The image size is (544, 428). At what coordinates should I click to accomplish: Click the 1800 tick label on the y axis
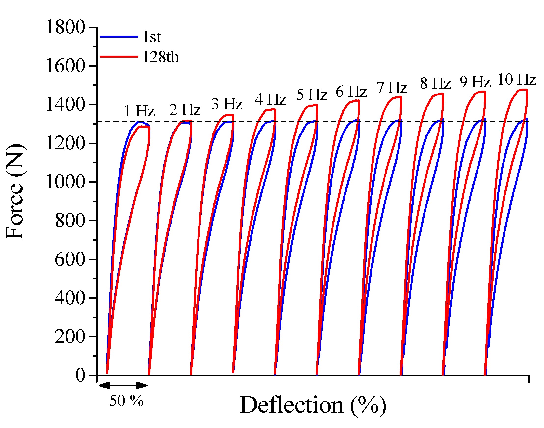point(66,27)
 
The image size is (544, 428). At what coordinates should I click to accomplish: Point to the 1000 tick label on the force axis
point(66,182)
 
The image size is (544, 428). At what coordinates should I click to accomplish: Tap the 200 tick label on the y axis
point(70,337)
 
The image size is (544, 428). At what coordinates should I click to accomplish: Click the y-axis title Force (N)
point(15,192)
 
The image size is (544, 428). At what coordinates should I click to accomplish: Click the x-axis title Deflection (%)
point(313,405)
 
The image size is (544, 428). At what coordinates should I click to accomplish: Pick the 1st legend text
point(151,37)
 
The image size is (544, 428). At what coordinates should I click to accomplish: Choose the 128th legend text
point(161,57)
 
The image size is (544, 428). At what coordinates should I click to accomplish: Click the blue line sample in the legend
point(119,37)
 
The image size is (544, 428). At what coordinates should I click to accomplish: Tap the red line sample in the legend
point(119,56)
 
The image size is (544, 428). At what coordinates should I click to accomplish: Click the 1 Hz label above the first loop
point(139,111)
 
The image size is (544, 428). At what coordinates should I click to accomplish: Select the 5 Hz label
point(311,95)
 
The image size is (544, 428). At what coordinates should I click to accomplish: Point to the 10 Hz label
point(517,80)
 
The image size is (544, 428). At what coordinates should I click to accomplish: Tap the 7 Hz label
point(392,88)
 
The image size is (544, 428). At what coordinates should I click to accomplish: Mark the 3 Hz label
point(227,104)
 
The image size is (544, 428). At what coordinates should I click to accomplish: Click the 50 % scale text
point(126,401)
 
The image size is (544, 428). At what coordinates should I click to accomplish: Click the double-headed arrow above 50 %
point(123,385)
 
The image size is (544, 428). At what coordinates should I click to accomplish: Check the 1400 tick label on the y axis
point(66,105)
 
